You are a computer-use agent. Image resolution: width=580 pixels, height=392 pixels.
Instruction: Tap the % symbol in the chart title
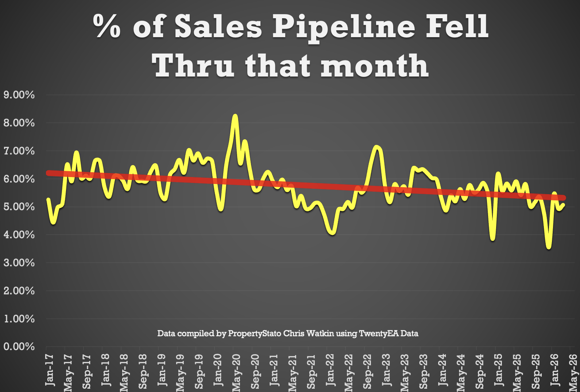click(107, 26)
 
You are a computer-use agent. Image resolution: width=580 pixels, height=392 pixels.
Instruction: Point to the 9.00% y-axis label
click(19, 95)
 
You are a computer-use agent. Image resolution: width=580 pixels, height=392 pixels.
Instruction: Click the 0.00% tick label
click(19, 346)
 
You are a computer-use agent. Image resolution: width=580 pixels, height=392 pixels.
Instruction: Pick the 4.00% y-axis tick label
click(19, 235)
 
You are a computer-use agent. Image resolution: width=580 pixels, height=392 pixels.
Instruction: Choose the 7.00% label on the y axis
click(19, 151)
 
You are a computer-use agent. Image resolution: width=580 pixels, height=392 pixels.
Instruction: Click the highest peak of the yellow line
click(235, 116)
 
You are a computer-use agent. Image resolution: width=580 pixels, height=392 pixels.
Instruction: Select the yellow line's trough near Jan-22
click(332, 232)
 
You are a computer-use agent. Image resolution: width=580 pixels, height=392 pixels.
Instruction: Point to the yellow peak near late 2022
click(376, 147)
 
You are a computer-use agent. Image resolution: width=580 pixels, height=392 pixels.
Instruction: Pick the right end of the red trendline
click(564, 198)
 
